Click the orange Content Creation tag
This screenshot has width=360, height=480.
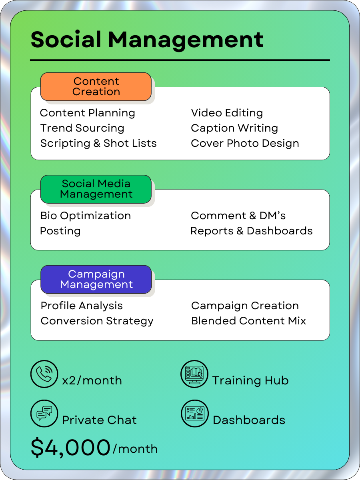coord(96,86)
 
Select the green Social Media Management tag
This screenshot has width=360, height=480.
coord(96,189)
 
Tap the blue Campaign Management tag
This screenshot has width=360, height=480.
coord(96,279)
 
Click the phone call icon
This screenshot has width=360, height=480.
coord(44,374)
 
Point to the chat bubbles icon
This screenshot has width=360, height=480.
coord(44,414)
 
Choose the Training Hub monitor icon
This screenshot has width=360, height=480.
coord(194,374)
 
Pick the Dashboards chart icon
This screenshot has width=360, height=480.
coord(194,414)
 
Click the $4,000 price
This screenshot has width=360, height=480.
coord(70,448)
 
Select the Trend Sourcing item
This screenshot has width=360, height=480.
coord(82,128)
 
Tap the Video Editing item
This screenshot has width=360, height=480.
coord(227,113)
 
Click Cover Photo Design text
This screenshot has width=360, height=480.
coord(245,144)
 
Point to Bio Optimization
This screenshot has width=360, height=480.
coord(86,216)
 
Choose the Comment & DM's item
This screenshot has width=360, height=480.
coord(238,216)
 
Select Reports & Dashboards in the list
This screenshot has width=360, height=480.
coord(251,231)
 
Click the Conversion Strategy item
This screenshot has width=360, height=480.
coord(97,321)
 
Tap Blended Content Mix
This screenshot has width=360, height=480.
coord(248,321)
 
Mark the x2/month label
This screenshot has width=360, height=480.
coord(92,380)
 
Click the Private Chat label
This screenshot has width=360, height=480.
coord(99,420)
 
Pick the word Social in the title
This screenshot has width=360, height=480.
coord(66,40)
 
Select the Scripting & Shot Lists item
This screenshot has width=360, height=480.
coord(98,144)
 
